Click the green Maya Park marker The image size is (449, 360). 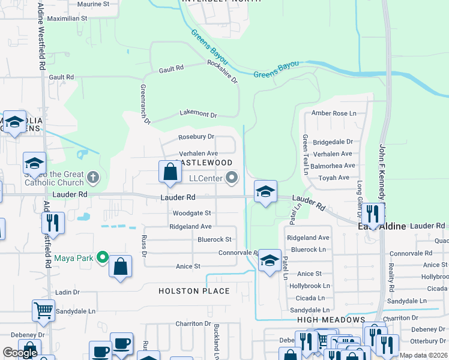(103, 259)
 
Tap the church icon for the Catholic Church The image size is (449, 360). (92, 177)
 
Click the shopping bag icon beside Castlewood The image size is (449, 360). (170, 172)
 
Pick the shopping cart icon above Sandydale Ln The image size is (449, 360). (43, 310)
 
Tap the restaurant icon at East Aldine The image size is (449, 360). (373, 214)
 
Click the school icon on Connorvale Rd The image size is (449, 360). (270, 260)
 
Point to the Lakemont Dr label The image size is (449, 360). (198, 114)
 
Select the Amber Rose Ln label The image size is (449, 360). (333, 113)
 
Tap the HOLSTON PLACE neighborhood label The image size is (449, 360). (194, 291)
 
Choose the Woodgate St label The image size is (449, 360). (191, 213)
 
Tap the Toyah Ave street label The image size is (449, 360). (334, 178)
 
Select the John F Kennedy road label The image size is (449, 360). (382, 174)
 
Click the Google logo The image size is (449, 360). (20, 353)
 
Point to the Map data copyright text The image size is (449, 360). (423, 355)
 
